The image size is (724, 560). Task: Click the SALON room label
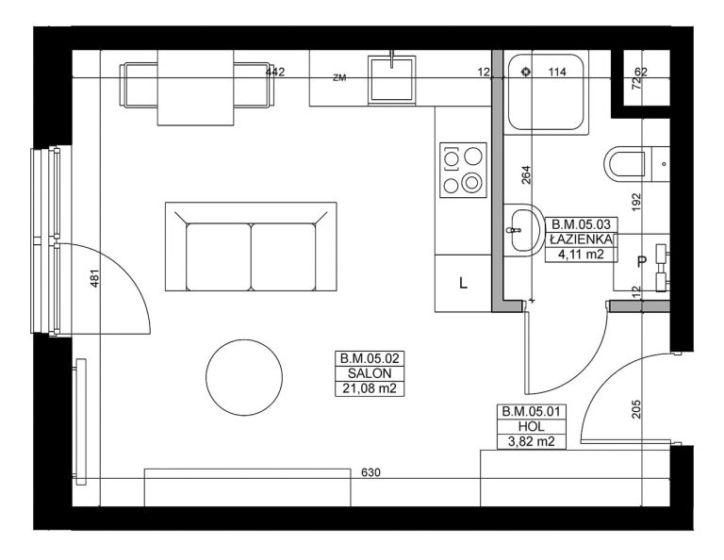pyautogui.click(x=370, y=373)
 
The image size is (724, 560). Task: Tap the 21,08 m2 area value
pyautogui.click(x=370, y=388)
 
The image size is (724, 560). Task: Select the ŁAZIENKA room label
pyautogui.click(x=582, y=239)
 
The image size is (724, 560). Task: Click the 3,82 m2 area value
pyautogui.click(x=532, y=441)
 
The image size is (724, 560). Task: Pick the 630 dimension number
pyautogui.click(x=371, y=472)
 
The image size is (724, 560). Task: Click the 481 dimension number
pyautogui.click(x=94, y=278)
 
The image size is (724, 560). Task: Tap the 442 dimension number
pyautogui.click(x=275, y=72)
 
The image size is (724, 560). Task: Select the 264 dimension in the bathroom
pyautogui.click(x=526, y=175)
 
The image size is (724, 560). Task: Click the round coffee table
pyautogui.click(x=244, y=378)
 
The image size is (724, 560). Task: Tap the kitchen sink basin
pyautogui.click(x=391, y=78)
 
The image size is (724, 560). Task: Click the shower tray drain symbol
pyautogui.click(x=525, y=72)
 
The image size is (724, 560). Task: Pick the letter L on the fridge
pyautogui.click(x=463, y=283)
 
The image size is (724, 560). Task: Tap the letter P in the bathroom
pyautogui.click(x=641, y=262)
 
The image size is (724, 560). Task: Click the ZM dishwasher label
pyautogui.click(x=339, y=78)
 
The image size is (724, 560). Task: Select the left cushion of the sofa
pyautogui.click(x=219, y=256)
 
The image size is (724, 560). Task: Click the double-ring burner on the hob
pyautogui.click(x=471, y=182)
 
